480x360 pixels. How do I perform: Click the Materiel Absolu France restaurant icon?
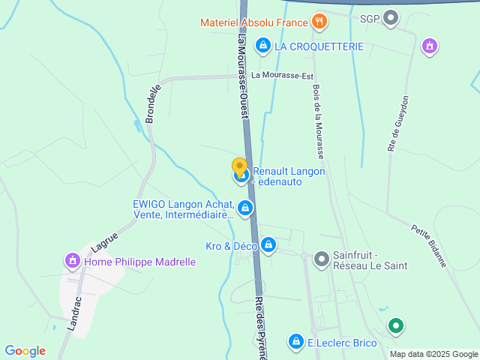(x=319, y=21)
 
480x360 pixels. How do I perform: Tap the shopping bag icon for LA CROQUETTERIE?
(x=262, y=46)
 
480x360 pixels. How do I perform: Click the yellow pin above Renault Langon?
(x=239, y=166)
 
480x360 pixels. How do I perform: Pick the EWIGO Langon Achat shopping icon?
(x=244, y=207)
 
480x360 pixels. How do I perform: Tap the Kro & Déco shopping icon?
(x=268, y=245)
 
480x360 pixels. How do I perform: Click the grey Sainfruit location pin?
(x=322, y=259)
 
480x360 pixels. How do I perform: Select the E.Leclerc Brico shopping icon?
(x=296, y=343)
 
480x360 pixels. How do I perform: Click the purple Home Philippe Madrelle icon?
(x=73, y=262)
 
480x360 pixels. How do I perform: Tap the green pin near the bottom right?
(x=395, y=326)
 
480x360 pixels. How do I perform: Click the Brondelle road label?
(x=153, y=103)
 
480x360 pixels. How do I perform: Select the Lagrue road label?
(x=104, y=241)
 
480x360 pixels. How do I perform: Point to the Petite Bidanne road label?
(x=430, y=244)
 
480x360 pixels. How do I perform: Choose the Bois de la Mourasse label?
(x=316, y=120)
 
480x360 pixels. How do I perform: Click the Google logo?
(x=25, y=351)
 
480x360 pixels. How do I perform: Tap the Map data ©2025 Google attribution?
(x=433, y=354)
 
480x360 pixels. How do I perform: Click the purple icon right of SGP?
(x=429, y=46)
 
